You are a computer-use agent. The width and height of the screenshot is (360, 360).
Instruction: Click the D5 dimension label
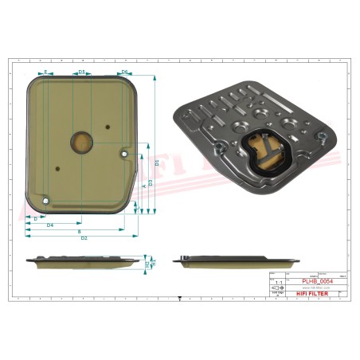pyautogui.click(x=81, y=72)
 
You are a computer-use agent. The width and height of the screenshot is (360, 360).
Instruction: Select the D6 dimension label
pyautogui.click(x=125, y=72)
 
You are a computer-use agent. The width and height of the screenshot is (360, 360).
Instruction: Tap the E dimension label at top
pyautogui.click(x=46, y=72)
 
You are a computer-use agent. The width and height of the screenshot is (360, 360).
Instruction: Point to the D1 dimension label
pyautogui.click(x=157, y=162)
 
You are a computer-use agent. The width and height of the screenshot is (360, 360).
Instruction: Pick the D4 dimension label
pyautogui.click(x=49, y=225)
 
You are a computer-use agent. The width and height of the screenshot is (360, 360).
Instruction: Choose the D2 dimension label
pyautogui.click(x=84, y=238)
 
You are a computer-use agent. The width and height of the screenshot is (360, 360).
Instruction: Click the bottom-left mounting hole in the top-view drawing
pyautogui.click(x=46, y=199)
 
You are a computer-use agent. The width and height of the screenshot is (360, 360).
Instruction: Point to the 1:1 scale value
pyautogui.click(x=278, y=282)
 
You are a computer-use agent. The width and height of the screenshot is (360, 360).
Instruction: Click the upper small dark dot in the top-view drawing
pyautogui.click(x=108, y=126)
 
